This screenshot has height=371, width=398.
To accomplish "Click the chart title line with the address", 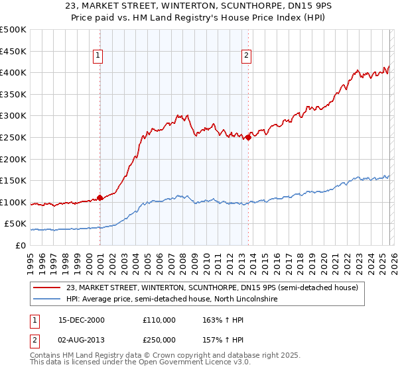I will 198,7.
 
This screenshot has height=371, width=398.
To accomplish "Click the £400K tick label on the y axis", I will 13,72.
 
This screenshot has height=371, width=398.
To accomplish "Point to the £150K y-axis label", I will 13,180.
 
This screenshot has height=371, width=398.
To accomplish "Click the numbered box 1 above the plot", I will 98,56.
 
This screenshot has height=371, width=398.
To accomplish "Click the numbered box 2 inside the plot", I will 246,56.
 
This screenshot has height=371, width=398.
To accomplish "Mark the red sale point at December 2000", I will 99,197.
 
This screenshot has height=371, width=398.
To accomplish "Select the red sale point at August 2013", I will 247,138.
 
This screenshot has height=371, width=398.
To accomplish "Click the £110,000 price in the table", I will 159,319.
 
